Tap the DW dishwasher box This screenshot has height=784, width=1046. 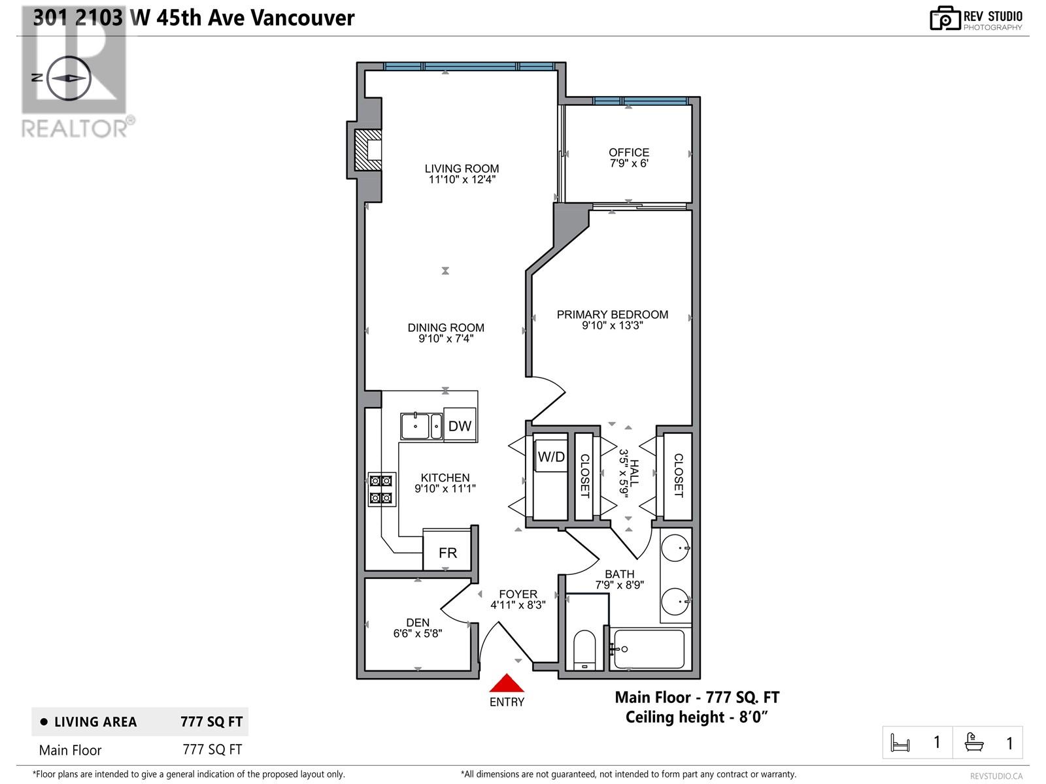(x=460, y=426)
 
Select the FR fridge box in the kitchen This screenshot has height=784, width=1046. (x=448, y=553)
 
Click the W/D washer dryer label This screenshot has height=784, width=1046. (x=551, y=457)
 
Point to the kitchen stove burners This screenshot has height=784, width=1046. (x=382, y=489)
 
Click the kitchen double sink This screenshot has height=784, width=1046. (x=421, y=426)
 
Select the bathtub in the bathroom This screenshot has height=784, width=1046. (x=649, y=649)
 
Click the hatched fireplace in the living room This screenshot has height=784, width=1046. (x=367, y=151)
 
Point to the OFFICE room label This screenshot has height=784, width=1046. (x=629, y=152)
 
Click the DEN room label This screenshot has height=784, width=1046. (x=418, y=623)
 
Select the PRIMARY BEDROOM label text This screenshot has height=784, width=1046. (x=613, y=314)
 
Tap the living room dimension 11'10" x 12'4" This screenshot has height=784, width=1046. (x=462, y=179)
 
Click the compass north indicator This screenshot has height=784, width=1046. (x=67, y=77)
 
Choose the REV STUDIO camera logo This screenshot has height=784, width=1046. (x=945, y=18)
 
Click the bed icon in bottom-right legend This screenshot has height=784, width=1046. (x=900, y=743)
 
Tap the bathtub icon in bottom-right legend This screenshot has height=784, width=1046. (x=974, y=742)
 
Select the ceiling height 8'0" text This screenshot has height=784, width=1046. (x=696, y=717)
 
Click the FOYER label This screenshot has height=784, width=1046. (x=518, y=594)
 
